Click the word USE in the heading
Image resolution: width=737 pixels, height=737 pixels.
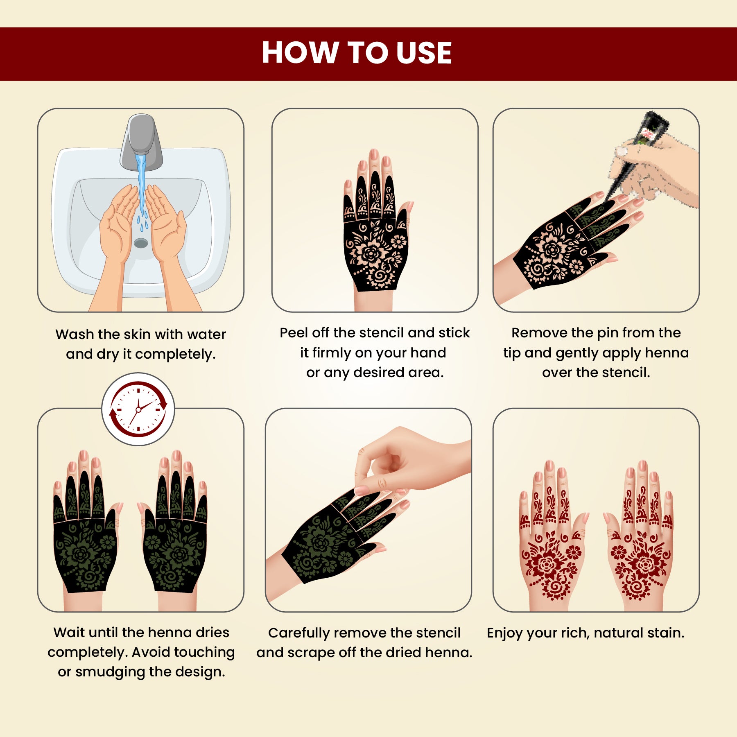pyautogui.click(x=424, y=53)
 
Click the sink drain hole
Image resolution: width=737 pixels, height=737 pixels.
pyautogui.click(x=141, y=243)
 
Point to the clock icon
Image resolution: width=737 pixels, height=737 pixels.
pyautogui.click(x=138, y=409)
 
